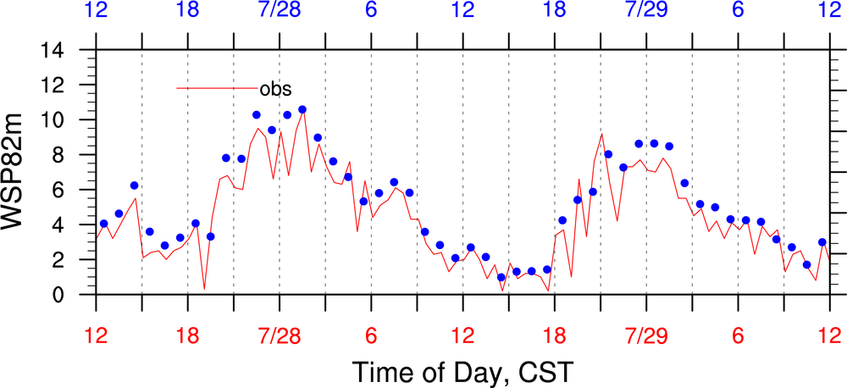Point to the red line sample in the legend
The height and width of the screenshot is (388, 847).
pyautogui.click(x=216, y=88)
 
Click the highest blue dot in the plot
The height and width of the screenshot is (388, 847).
pyautogui.click(x=302, y=109)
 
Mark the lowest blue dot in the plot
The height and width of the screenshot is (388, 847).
pyautogui.click(x=501, y=277)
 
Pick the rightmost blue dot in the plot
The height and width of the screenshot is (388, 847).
pyautogui.click(x=822, y=242)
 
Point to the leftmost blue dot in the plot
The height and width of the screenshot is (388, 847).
pyautogui.click(x=103, y=224)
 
